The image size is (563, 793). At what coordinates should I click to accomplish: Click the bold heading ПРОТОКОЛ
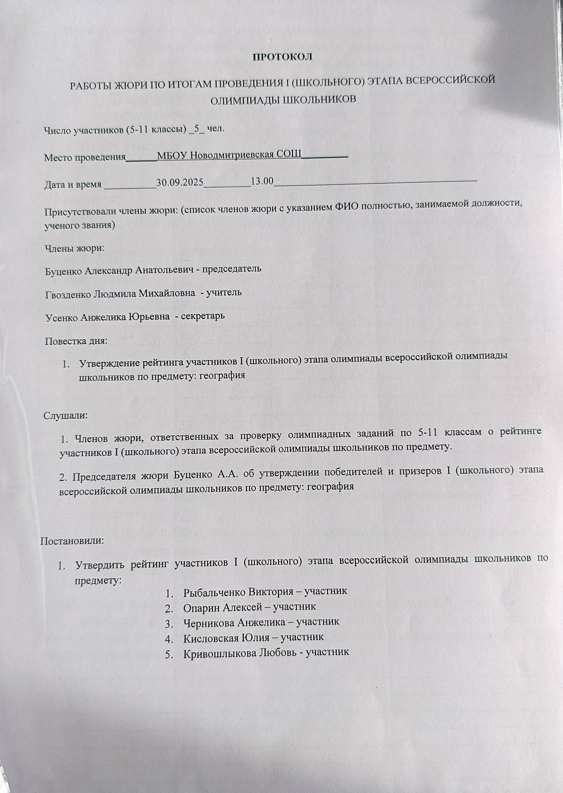coord(282,56)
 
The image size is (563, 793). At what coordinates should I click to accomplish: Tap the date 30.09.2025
coord(179,182)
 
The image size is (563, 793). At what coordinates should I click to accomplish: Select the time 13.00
coord(261,181)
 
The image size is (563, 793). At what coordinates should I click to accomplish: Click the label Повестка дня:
coord(76,342)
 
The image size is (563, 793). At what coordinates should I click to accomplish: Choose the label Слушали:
coord(66,415)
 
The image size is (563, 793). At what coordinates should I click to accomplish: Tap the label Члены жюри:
coord(74,247)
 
